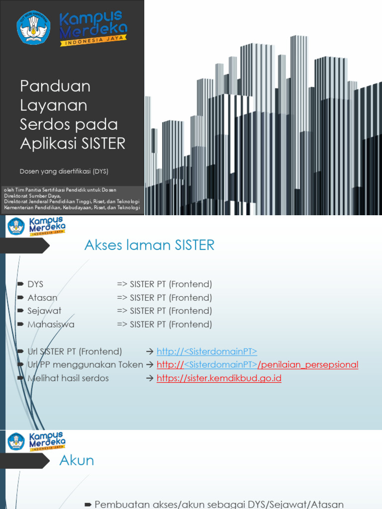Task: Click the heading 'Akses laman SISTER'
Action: pos(149,245)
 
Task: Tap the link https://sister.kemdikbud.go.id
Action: pos(219,378)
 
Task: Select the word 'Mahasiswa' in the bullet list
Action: pos(51,325)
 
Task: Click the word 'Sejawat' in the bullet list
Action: pos(44,311)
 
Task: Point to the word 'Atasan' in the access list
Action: pos(42,298)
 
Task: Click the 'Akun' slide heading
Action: pos(77,460)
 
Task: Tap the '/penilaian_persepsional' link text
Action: pos(308,365)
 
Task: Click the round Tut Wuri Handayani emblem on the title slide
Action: pos(33,27)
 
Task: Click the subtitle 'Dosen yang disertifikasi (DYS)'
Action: pos(64,171)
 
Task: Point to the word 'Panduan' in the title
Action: pos(55,86)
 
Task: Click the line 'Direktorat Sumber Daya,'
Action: pos(35,196)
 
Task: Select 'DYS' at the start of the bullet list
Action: pos(35,284)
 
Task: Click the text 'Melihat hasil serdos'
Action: pos(68,378)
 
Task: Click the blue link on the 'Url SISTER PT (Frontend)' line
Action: pos(206,351)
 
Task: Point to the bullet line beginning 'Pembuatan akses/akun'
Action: pos(219,504)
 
